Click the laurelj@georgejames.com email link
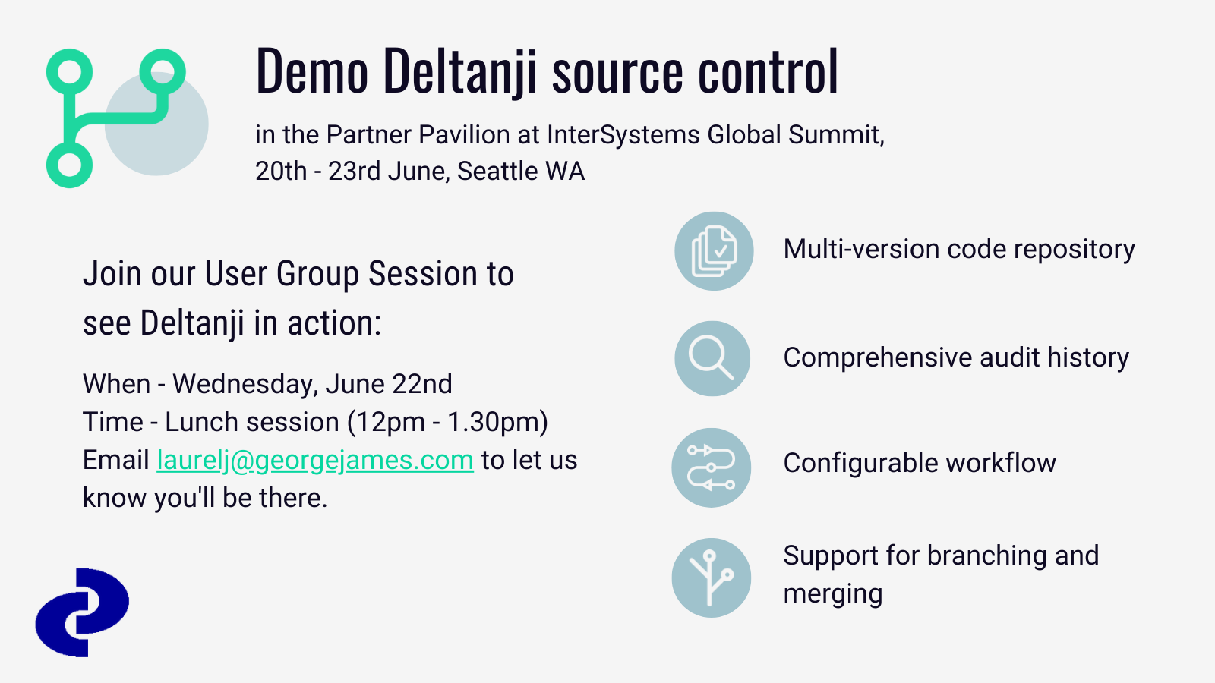tap(315, 461)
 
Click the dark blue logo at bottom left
tap(83, 612)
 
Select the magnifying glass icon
tap(712, 358)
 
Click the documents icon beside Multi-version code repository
tap(714, 251)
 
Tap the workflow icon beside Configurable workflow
tap(711, 467)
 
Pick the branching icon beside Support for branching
tap(711, 578)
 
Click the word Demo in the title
tap(312, 71)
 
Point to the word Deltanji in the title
tap(460, 73)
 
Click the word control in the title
tap(768, 71)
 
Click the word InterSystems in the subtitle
tap(623, 135)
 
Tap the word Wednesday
tap(245, 384)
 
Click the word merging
tap(832, 594)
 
